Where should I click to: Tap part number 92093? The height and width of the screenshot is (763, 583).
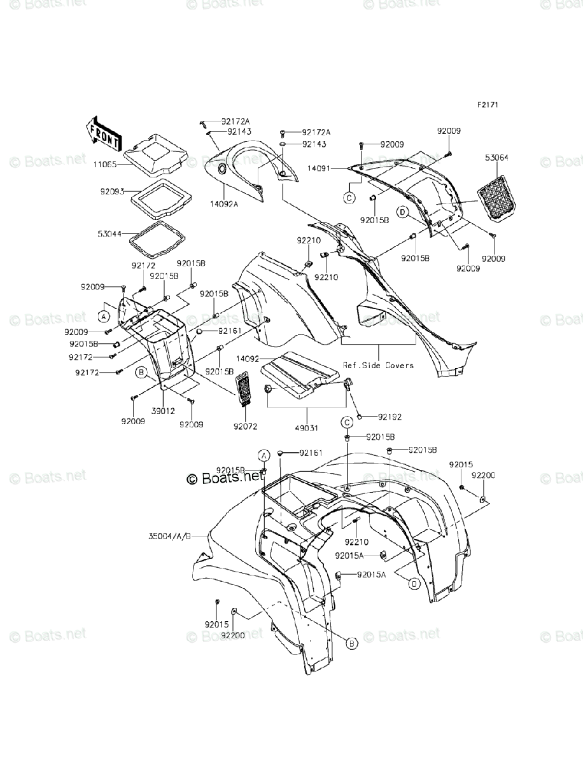point(111,190)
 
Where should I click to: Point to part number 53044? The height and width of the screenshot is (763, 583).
point(111,217)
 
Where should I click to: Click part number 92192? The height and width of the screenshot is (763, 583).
point(389,417)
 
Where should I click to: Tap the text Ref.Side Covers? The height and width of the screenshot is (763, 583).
point(378,365)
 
